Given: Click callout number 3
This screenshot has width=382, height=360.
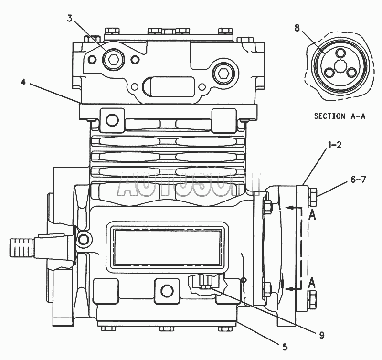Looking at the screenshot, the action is (70, 18).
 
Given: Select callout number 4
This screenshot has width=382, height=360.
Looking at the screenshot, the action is (23, 82).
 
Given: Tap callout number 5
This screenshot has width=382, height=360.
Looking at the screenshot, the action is (285, 347).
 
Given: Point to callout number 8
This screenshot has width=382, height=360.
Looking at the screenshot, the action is (297, 28).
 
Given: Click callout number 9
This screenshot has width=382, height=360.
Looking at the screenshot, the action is (322, 335).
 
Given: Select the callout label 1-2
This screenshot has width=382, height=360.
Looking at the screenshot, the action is (335, 145).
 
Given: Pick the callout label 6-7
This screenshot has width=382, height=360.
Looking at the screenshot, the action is (358, 180).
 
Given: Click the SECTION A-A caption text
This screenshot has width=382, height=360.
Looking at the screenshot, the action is (340, 116).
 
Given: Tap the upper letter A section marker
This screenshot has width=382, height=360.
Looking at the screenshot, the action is (312, 215).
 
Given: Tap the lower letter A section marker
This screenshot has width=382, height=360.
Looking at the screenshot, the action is (312, 283).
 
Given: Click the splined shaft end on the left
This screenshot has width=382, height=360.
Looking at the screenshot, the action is (21, 248).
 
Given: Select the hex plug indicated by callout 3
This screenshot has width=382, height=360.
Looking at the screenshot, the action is (113, 59).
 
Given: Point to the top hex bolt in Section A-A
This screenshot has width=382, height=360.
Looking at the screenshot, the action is (340, 53).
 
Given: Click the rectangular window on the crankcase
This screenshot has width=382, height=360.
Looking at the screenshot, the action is (168, 247).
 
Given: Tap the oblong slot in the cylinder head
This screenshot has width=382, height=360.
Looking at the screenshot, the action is (169, 87).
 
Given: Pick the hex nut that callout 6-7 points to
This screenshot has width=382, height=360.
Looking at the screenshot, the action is (313, 197).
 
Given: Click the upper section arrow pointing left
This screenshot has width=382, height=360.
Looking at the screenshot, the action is (294, 208).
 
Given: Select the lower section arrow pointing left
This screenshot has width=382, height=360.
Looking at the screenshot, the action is (294, 289).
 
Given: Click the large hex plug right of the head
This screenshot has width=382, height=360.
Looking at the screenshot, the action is (223, 73).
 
